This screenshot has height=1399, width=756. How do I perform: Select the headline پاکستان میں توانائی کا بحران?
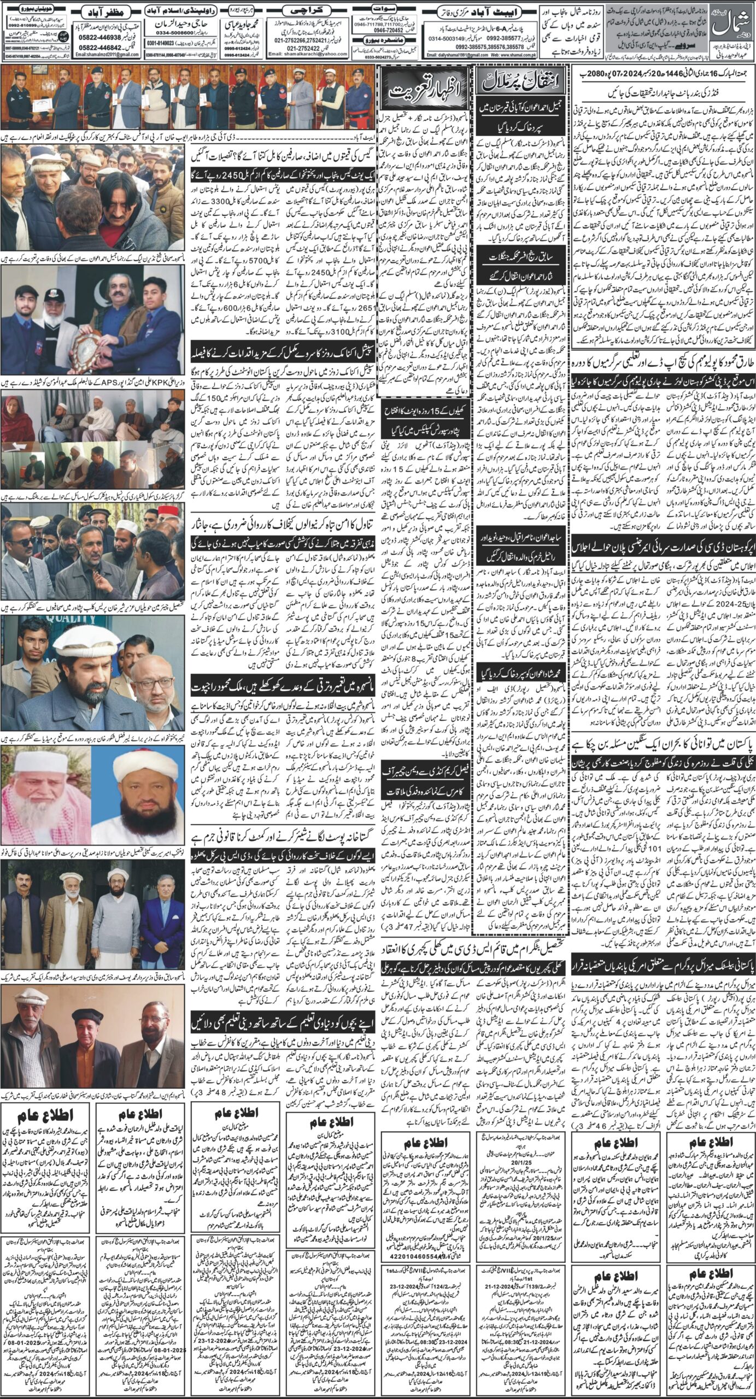pyautogui.click(x=659, y=745)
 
